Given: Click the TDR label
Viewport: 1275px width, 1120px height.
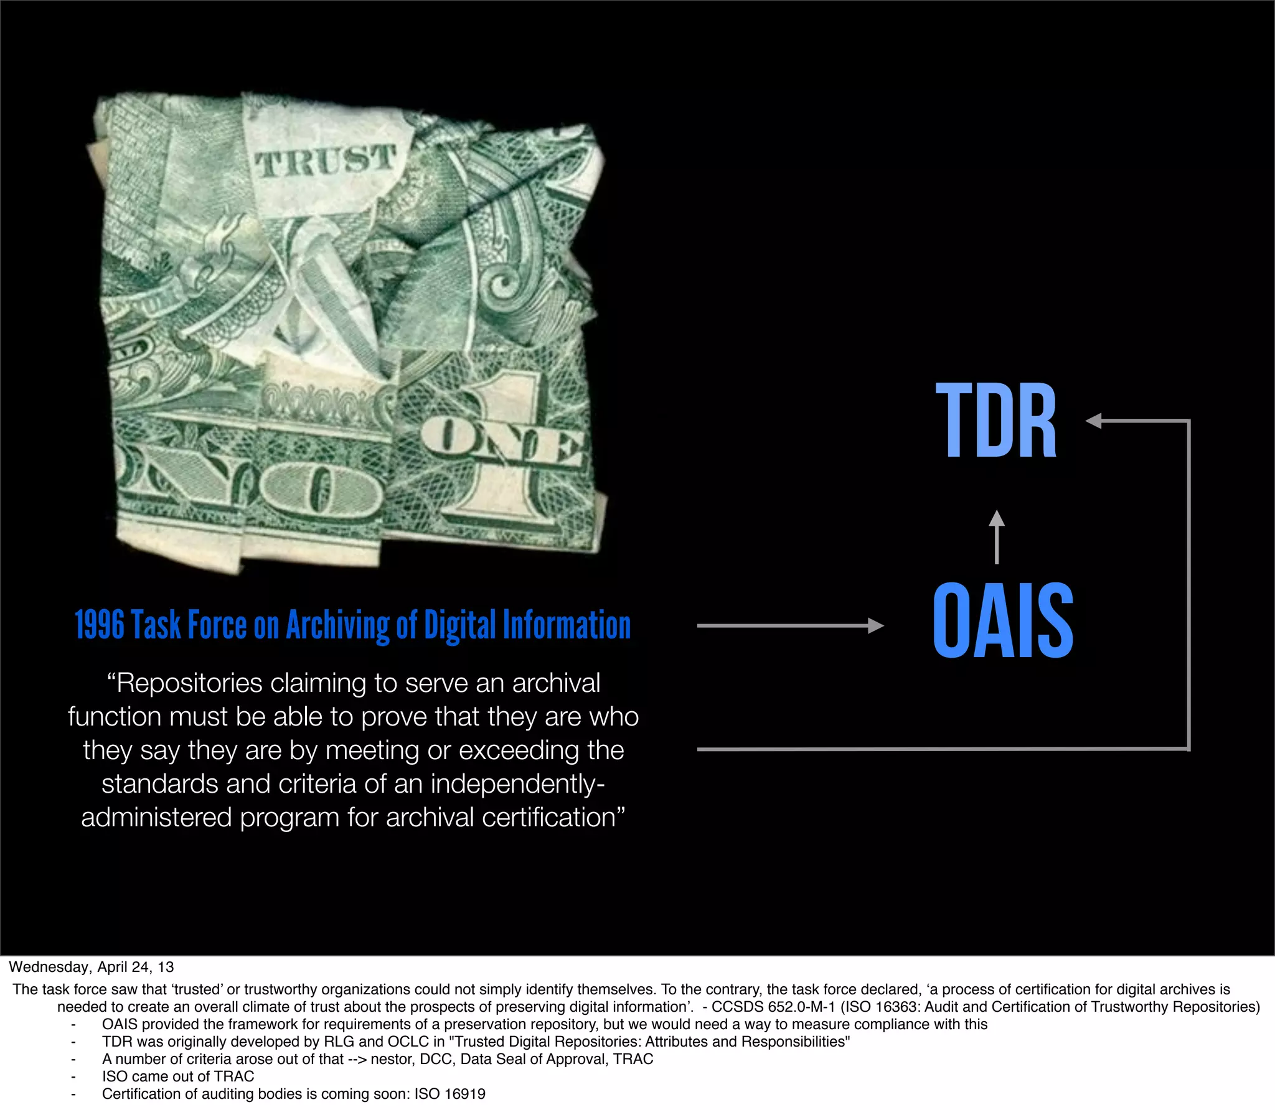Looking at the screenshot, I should coord(996,421).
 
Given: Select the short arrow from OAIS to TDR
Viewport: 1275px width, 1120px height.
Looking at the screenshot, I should coord(997,538).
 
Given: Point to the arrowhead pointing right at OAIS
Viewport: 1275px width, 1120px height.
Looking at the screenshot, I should coord(876,625).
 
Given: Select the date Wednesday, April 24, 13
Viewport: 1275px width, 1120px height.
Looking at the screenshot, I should coord(91,967).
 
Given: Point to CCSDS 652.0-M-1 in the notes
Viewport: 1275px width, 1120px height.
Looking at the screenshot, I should coord(773,1007).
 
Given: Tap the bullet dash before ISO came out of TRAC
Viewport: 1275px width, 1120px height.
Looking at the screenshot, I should coord(73,1076).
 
